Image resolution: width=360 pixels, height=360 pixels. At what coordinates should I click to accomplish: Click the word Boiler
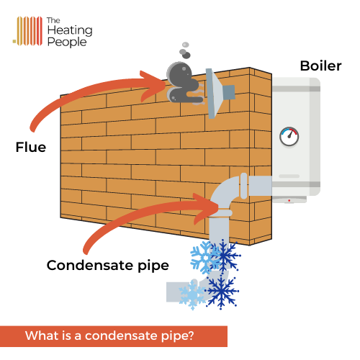pos(320,67)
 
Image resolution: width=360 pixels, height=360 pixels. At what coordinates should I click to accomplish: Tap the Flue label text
pos(31,148)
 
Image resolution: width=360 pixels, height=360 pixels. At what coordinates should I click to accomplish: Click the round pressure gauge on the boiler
pos(289,135)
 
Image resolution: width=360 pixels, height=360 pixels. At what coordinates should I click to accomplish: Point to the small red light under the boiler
pos(289,200)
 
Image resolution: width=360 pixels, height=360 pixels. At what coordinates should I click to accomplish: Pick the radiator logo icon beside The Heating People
pos(27,30)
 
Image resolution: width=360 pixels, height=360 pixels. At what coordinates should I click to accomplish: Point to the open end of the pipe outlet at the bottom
pos(169,292)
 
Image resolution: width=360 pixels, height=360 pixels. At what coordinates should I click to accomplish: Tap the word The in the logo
pos(53,20)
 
